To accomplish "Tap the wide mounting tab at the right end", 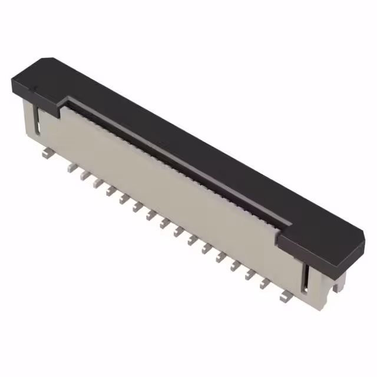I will (285, 297).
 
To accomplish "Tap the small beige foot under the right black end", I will (336, 287).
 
